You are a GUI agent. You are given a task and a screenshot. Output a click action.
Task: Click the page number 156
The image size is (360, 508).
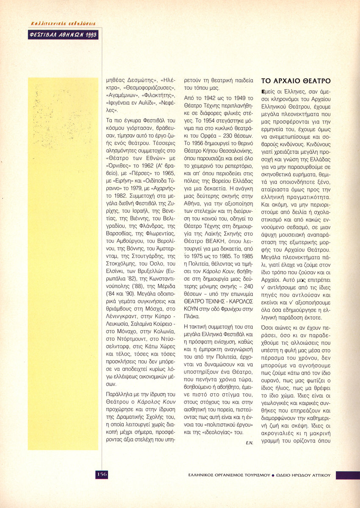102,474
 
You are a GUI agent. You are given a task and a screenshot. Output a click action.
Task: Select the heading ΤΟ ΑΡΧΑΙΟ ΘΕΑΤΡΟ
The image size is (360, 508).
296,81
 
